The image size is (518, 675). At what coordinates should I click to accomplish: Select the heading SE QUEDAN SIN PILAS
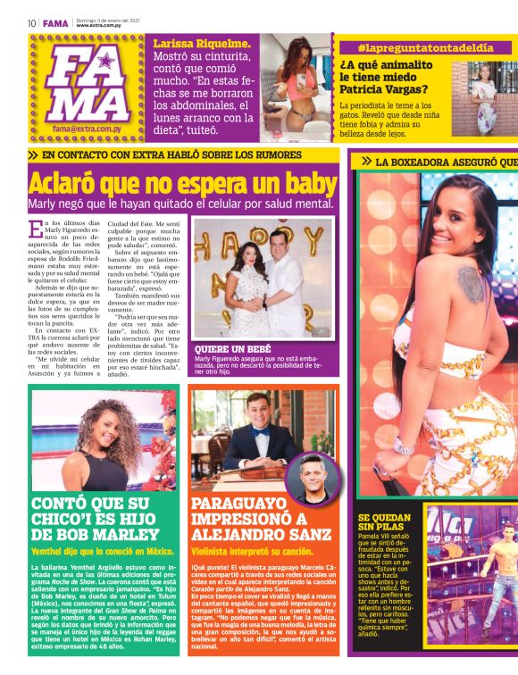pos(384,523)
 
